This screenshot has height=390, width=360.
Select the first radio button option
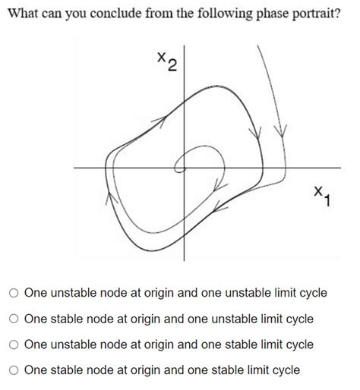pyautogui.click(x=14, y=293)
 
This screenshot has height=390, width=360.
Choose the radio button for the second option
pyautogui.click(x=14, y=319)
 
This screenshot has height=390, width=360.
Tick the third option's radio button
pyautogui.click(x=14, y=344)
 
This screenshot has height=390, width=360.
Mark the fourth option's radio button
pyautogui.click(x=14, y=370)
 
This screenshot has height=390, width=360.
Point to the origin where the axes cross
pyautogui.click(x=183, y=166)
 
